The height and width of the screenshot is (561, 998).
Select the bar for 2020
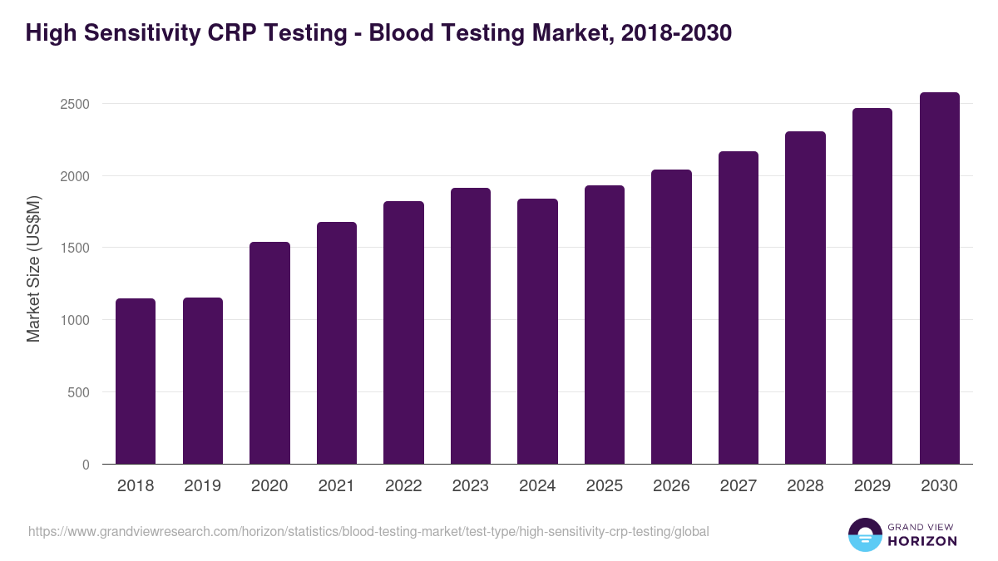tap(269, 352)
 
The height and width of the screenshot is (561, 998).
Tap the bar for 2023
tap(471, 326)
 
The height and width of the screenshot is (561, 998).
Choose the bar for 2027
tap(739, 308)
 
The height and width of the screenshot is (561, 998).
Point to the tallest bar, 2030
tap(940, 278)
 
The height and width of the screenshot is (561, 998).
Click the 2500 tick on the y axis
tap(74, 105)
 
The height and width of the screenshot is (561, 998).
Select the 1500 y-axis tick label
tap(74, 249)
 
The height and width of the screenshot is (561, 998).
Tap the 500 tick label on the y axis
tap(78, 392)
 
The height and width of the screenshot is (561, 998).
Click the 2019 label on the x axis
tap(203, 486)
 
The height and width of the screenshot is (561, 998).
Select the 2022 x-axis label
tap(403, 486)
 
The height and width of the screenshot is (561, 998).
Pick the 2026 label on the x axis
tap(671, 486)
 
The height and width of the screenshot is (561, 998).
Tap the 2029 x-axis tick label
tap(872, 486)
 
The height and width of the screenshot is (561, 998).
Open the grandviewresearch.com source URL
tap(368, 531)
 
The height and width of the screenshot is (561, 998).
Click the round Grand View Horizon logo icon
tap(864, 534)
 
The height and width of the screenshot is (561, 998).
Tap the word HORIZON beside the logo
tap(922, 541)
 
